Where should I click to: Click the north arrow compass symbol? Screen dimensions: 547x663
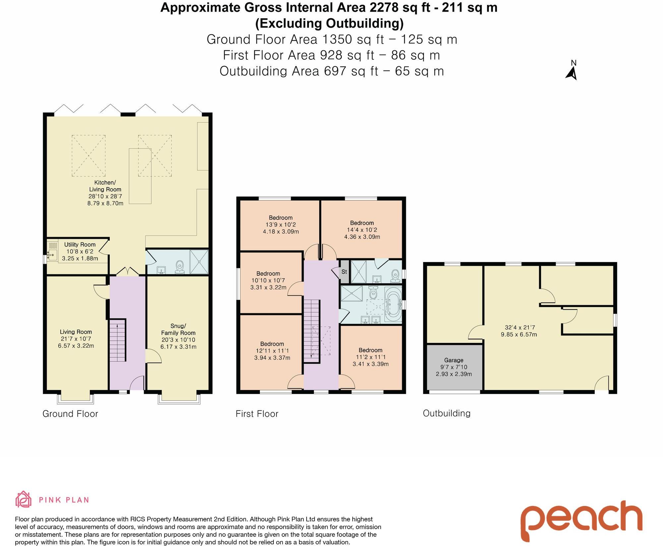[x=572, y=71]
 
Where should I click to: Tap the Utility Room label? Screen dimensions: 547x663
[x=80, y=245]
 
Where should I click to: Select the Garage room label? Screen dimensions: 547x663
[x=453, y=360]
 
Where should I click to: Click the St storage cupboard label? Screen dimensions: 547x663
[x=344, y=272]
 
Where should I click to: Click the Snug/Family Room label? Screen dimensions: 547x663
[x=178, y=329]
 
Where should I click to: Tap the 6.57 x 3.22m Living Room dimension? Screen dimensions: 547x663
[x=76, y=346]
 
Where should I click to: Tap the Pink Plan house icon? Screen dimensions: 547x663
[x=24, y=500]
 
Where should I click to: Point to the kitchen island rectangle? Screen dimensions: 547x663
[x=140, y=176]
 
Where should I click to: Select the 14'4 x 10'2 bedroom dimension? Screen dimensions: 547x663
[x=362, y=230]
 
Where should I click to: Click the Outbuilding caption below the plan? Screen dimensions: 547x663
[x=447, y=413]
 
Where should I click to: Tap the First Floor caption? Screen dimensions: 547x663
[x=257, y=413]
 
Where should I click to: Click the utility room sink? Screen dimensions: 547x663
[x=52, y=255]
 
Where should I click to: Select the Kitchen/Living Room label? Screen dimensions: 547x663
[x=105, y=186]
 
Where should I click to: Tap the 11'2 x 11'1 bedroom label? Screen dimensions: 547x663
[x=370, y=357]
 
